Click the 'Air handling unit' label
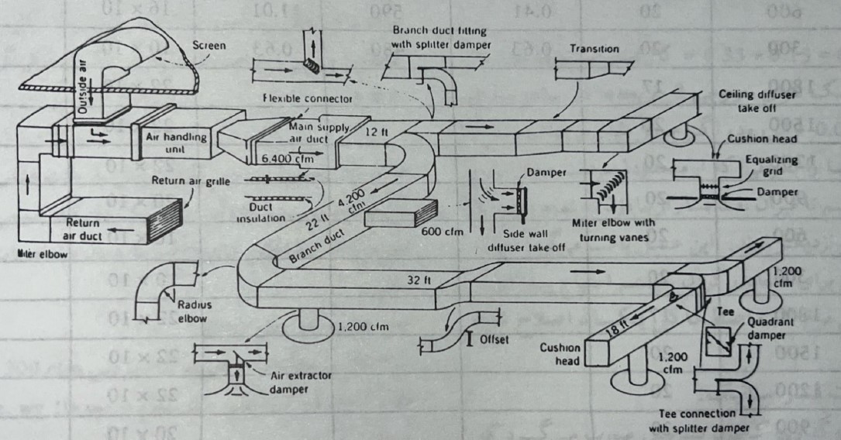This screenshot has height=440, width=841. coord(177,142)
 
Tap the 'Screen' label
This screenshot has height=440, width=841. coord(209,46)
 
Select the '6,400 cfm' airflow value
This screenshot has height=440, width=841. coord(284,158)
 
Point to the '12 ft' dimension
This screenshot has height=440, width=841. coord(376,133)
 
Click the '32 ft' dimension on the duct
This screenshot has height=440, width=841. coord(419,280)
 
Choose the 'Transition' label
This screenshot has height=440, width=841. coord(595,49)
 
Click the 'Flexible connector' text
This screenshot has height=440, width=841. coord(307,98)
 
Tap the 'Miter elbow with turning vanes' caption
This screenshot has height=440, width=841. coord(612,230)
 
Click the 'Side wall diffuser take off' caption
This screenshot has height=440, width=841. coord(522,242)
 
